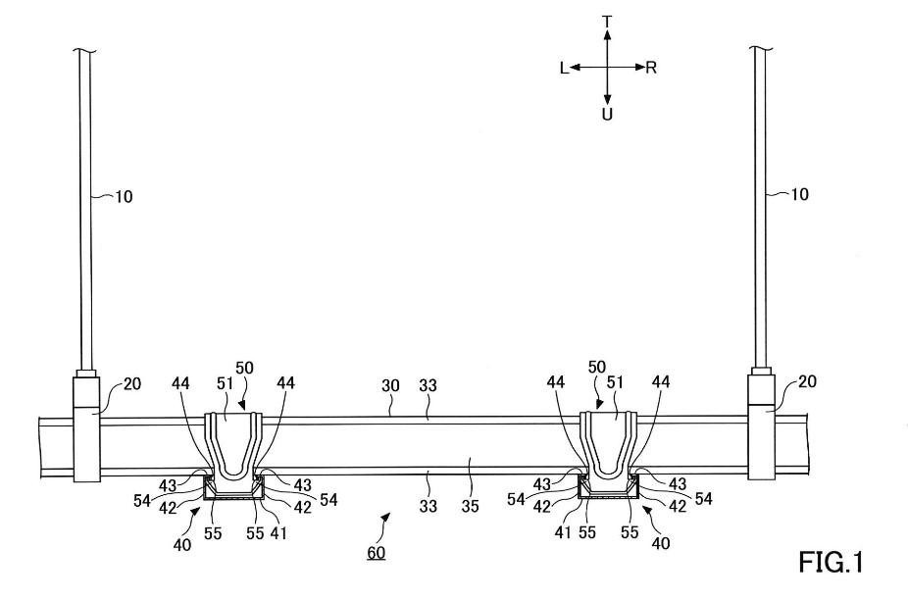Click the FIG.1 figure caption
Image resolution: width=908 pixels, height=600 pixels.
pos(831,565)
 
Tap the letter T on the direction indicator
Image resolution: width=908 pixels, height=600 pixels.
pos(607,21)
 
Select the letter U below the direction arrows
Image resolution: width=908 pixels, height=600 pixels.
pos(608,115)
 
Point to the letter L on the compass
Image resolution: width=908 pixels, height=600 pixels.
pos(564,68)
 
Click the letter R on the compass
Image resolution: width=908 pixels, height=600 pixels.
pos(652,68)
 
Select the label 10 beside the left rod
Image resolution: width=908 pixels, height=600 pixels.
pos(125,196)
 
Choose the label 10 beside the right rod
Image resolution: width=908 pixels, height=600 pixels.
pos(800,194)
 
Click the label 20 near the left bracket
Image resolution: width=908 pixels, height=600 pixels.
pos(131,384)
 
